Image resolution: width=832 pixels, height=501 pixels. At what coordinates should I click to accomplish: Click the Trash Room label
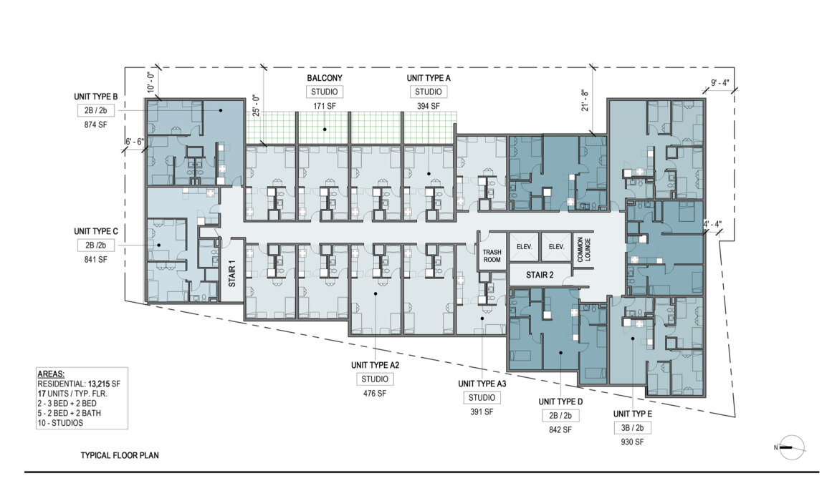(x=492, y=256)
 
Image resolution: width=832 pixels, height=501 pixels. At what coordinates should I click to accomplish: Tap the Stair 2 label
(x=540, y=275)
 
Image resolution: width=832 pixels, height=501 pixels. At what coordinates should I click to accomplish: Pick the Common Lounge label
(x=583, y=248)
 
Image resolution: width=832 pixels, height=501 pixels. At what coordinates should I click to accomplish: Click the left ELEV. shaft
(x=525, y=247)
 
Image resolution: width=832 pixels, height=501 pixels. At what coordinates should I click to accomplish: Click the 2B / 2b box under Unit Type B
(x=95, y=111)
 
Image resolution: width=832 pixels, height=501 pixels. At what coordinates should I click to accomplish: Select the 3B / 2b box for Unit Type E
(x=633, y=428)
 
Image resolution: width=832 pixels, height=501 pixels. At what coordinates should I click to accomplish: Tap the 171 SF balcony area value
(x=324, y=106)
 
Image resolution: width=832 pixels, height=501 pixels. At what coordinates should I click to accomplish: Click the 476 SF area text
(x=375, y=394)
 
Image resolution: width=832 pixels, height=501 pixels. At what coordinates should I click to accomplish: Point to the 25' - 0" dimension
(x=256, y=106)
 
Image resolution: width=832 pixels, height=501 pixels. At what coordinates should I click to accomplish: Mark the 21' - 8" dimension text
(x=585, y=99)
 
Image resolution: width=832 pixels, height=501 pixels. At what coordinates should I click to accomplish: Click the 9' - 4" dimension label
(x=720, y=83)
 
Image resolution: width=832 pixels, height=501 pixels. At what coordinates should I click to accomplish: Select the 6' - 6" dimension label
(x=134, y=142)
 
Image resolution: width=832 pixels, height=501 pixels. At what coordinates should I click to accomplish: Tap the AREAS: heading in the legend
(x=51, y=374)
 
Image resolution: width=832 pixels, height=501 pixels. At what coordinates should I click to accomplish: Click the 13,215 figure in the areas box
(x=99, y=384)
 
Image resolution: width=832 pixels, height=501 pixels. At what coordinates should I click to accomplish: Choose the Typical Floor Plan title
(x=120, y=455)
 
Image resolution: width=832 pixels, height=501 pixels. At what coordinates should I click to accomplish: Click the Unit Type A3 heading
(x=482, y=384)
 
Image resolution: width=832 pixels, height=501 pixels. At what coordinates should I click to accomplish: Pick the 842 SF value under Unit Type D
(x=560, y=429)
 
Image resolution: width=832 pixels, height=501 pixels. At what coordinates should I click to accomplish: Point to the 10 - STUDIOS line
(x=60, y=423)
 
